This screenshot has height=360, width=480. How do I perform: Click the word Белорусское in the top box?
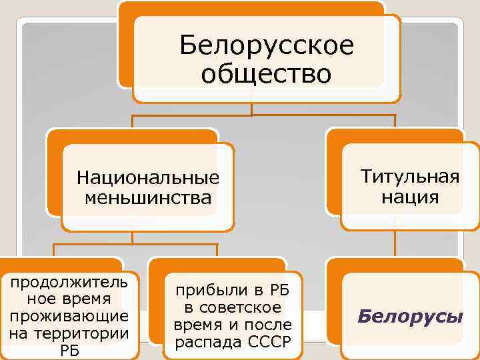tap(267, 47)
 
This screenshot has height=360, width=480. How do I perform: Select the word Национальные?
tap(148, 178)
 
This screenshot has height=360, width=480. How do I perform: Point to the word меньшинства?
tap(148, 197)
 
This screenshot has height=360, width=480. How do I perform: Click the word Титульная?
tap(410, 177)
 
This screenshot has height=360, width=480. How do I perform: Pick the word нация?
tap(410, 197)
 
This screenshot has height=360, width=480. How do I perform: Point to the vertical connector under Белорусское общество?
tap(251, 109)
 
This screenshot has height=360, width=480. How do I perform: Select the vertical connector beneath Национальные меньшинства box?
tap(132, 237)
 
